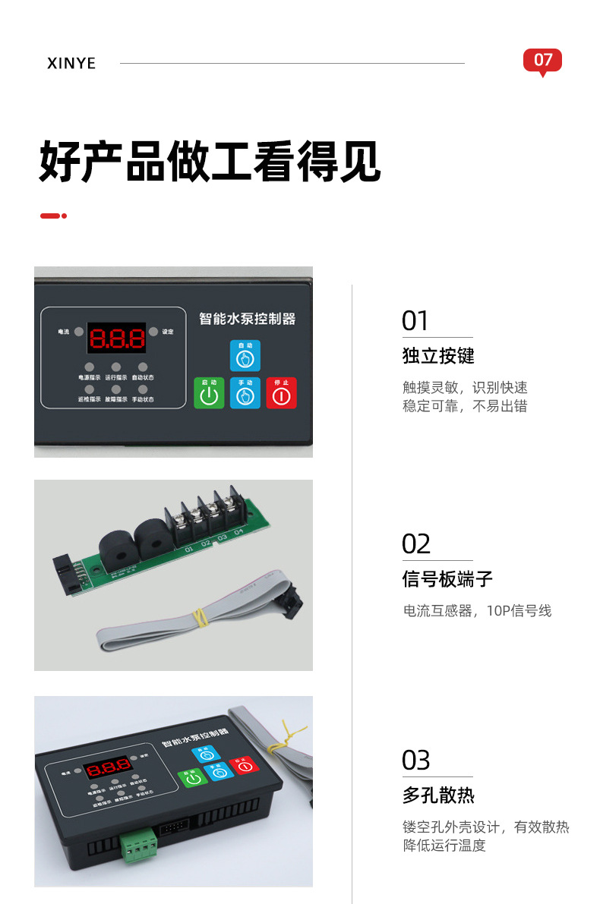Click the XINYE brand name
click(x=71, y=63)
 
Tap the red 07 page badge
click(x=542, y=61)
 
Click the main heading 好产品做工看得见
click(x=210, y=161)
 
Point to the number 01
click(x=415, y=321)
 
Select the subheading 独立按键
click(x=438, y=356)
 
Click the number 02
click(x=416, y=544)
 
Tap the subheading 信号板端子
click(x=447, y=579)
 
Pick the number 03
click(x=416, y=760)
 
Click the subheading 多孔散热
click(x=438, y=795)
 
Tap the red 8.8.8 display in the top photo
click(x=117, y=338)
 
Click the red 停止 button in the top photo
click(x=281, y=393)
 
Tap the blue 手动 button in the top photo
click(x=245, y=393)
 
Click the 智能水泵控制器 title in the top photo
click(x=247, y=319)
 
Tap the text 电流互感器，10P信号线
click(x=477, y=610)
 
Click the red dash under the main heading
click(x=50, y=216)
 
